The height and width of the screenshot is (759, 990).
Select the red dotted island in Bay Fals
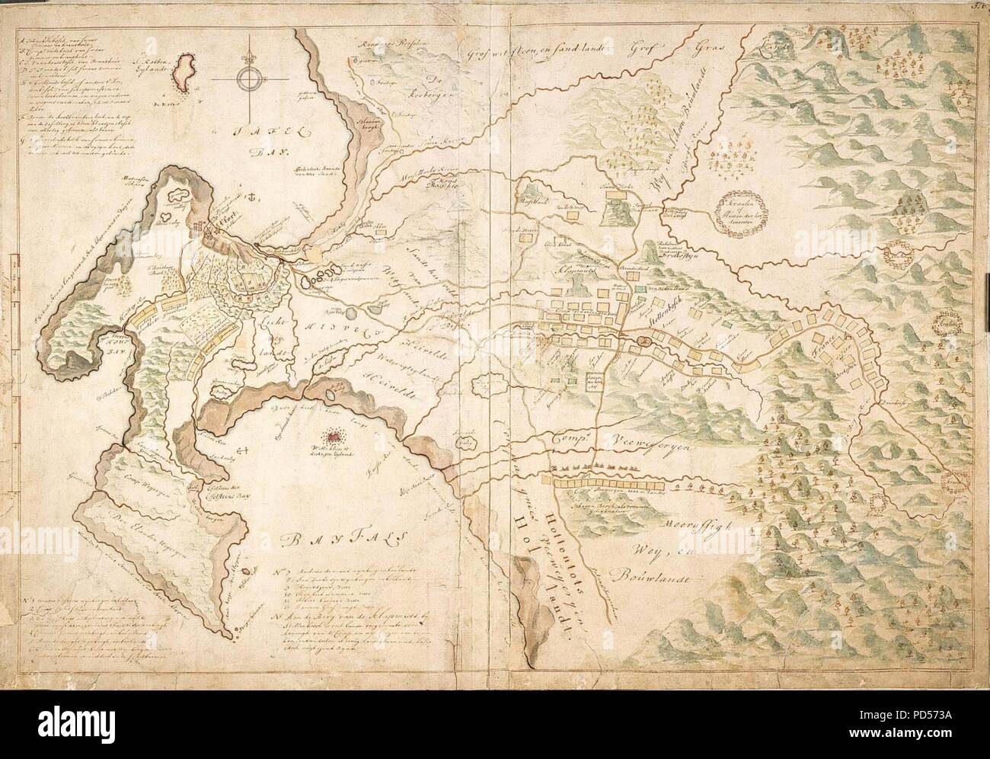[x=334, y=436]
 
